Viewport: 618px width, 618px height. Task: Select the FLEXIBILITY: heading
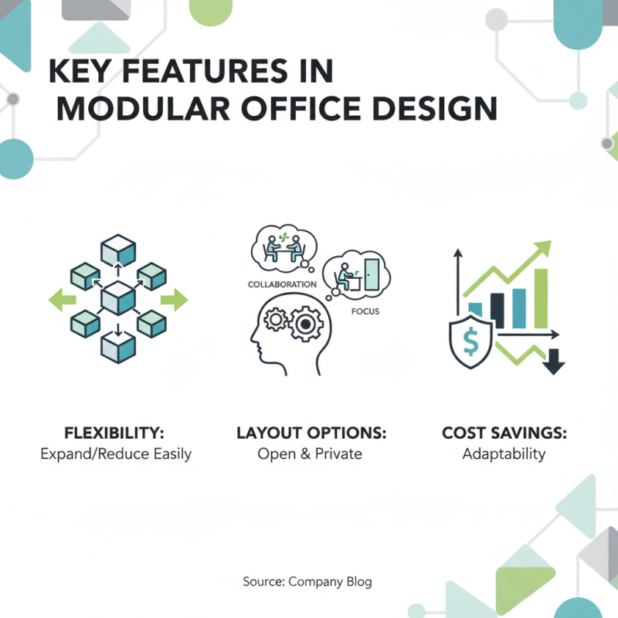(115, 432)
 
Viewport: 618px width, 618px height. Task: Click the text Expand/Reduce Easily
(115, 453)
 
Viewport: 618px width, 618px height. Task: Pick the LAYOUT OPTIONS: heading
(311, 432)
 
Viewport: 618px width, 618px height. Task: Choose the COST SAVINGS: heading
(504, 432)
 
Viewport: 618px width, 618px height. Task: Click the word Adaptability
(504, 453)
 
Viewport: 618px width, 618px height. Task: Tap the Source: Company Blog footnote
(307, 581)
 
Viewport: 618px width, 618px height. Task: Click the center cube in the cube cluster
(117, 299)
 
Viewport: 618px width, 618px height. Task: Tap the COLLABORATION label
(282, 284)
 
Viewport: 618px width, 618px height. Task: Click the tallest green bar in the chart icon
(541, 297)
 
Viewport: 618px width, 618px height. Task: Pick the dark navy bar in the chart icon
(497, 309)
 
